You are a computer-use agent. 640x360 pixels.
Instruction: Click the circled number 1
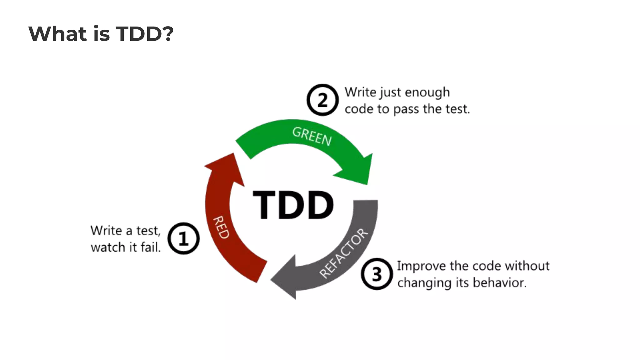point(183,238)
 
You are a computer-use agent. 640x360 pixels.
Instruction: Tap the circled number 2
point(322,100)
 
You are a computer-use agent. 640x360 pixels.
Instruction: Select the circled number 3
point(377,274)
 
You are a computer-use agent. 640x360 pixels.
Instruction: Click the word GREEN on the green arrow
point(312,137)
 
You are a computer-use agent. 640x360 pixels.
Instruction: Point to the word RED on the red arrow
point(221,227)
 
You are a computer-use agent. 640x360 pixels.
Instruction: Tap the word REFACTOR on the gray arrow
point(344,253)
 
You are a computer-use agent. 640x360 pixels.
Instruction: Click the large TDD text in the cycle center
point(293,205)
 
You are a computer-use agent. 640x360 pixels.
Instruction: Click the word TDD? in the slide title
point(145,33)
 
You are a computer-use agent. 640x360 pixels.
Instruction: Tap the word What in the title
point(57,33)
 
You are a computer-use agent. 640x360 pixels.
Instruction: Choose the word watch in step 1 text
point(108,247)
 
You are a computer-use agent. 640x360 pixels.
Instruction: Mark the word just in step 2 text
point(390,92)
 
